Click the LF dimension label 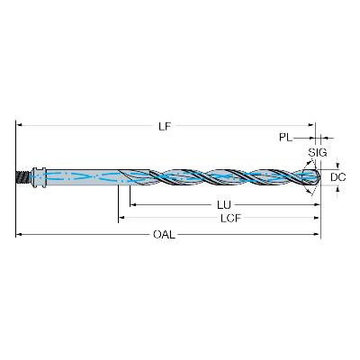[x=165, y=127]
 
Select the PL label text [x=285, y=138]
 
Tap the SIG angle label [x=318, y=153]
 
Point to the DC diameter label [x=338, y=177]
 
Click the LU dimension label [x=224, y=205]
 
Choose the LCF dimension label [x=230, y=218]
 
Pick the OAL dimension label [x=164, y=234]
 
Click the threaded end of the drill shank [x=23, y=176]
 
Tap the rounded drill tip [x=317, y=177]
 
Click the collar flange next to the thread [x=39, y=177]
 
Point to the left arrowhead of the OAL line [x=19, y=234]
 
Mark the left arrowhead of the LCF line [x=121, y=218]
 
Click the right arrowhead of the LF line [x=311, y=124]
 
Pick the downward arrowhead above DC [x=338, y=166]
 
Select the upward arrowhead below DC [x=338, y=189]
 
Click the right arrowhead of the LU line [x=317, y=204]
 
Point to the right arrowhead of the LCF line [x=316, y=218]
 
